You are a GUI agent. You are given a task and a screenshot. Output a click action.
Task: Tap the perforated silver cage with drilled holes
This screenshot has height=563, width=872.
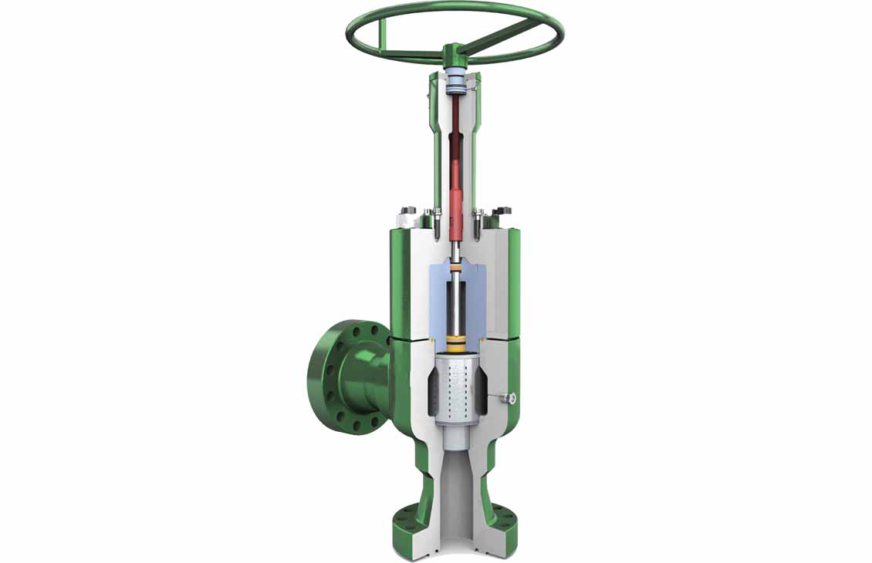point(455,390)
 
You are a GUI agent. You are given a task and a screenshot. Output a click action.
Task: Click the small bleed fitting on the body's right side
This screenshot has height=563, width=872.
point(508,398)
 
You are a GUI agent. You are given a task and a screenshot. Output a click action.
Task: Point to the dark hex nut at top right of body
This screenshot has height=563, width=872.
point(502,210)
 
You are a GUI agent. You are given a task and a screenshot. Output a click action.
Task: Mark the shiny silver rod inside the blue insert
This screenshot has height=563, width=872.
point(455,308)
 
